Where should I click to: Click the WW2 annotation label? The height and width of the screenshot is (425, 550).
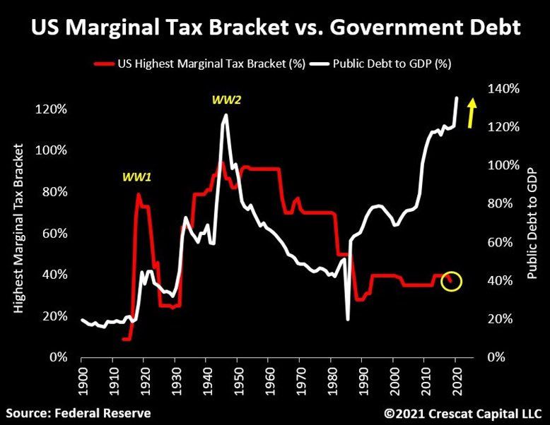pos(226,100)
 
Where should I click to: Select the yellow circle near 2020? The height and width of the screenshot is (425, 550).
pos(452,281)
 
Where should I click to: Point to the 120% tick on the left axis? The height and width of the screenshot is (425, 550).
pos(52,109)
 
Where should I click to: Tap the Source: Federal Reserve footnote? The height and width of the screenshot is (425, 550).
pos(79,412)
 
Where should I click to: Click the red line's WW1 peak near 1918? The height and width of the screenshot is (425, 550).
pos(138,193)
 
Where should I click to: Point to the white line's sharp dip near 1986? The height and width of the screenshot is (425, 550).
pos(348,319)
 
